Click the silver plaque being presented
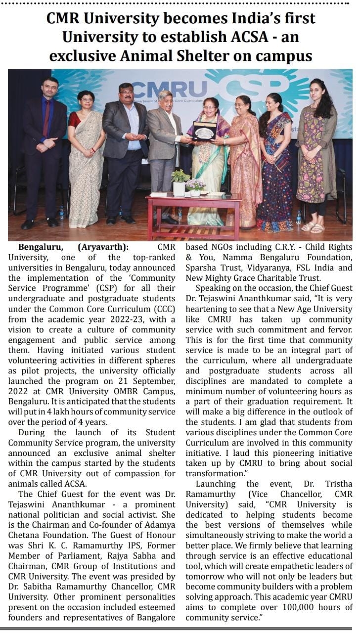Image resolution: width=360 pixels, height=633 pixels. point(205,131)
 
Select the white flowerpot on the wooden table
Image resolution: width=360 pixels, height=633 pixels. point(179,188)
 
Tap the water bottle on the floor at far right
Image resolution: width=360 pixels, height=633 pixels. point(299,217)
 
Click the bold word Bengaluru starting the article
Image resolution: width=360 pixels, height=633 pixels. point(39,247)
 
